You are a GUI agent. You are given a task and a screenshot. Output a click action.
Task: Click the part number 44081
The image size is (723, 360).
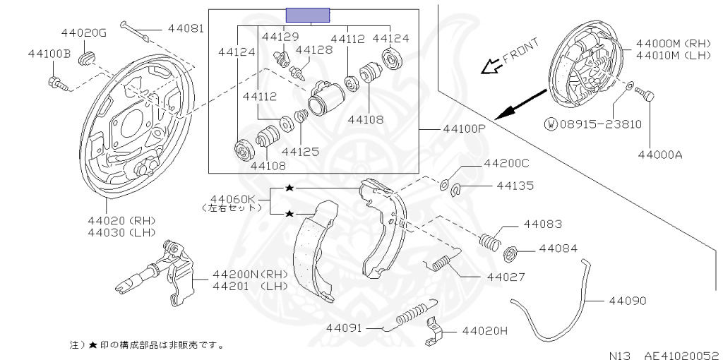pyautogui.click(x=186, y=29)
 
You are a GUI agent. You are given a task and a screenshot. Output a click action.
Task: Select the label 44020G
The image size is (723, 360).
pyautogui.click(x=83, y=33)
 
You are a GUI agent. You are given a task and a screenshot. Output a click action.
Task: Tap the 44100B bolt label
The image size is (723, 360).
pyautogui.click(x=49, y=53)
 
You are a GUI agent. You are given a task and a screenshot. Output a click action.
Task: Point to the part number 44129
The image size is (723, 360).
pyautogui.click(x=280, y=37)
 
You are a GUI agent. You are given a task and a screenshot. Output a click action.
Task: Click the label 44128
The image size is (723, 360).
pyautogui.click(x=313, y=49)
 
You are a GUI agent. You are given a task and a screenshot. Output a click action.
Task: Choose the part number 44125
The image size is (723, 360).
pyautogui.click(x=300, y=150)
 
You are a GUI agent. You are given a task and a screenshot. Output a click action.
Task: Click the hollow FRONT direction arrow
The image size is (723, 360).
pyautogui.click(x=489, y=67)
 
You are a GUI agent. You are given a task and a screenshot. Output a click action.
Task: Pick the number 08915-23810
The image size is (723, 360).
pyautogui.click(x=601, y=124)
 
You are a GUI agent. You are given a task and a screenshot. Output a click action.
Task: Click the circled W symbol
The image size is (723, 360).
pyautogui.click(x=551, y=124)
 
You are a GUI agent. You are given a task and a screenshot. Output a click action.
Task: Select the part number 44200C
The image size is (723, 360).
pyautogui.click(x=506, y=163)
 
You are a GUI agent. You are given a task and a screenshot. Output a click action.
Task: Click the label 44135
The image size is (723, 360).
pyautogui.click(x=515, y=186)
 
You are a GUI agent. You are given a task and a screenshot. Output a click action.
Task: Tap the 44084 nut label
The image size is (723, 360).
pyautogui.click(x=558, y=248)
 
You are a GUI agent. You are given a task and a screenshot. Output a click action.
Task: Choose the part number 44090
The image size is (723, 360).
pyautogui.click(x=626, y=301)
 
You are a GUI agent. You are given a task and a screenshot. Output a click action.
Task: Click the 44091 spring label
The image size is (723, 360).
pyautogui.click(x=344, y=328)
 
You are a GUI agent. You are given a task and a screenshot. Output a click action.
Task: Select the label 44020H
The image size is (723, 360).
pyautogui.click(x=485, y=330)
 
